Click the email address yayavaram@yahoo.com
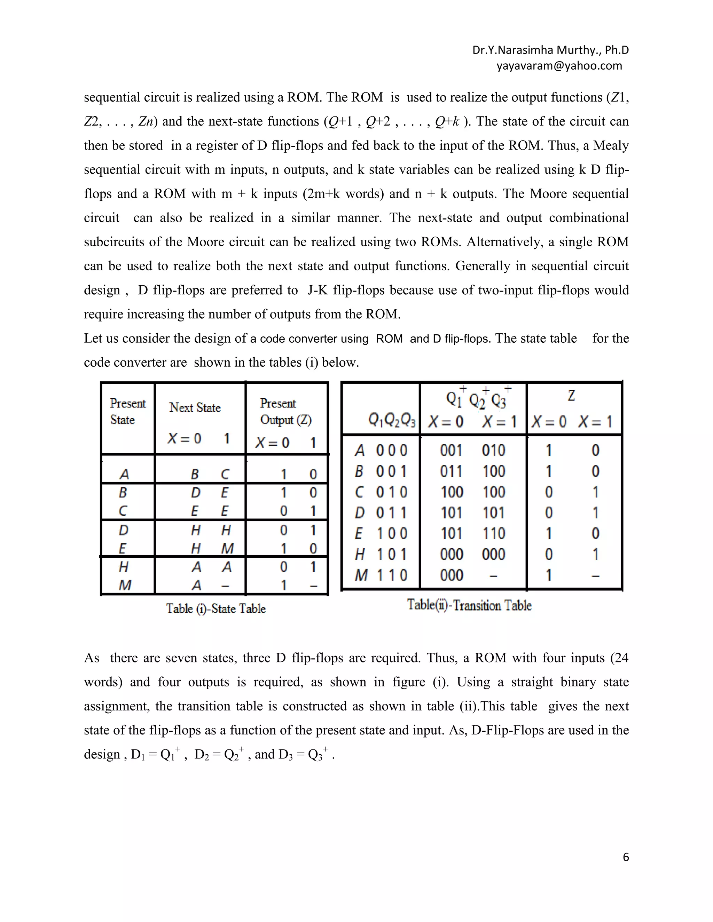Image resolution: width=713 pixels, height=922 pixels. [x=559, y=66]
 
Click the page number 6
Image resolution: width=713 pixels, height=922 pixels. [x=626, y=857]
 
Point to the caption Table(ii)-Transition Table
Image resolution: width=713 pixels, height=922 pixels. [x=469, y=605]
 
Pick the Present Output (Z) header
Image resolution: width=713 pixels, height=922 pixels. [x=285, y=412]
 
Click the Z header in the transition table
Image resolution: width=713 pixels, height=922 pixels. [x=571, y=396]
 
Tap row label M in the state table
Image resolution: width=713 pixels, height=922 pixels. [x=125, y=585]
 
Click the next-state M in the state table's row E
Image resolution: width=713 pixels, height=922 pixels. [x=227, y=548]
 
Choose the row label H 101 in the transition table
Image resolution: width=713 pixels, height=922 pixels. [x=381, y=554]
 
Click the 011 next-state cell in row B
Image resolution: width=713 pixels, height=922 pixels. [x=451, y=471]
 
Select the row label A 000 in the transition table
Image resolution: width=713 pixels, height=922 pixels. [x=381, y=451]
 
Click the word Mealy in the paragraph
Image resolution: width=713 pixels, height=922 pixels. [x=611, y=145]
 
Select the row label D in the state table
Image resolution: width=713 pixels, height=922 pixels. [x=123, y=530]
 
